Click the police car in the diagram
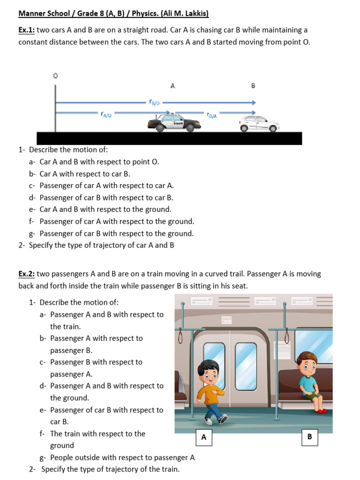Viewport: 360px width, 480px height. click(171, 123)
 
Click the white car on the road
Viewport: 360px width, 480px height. click(259, 124)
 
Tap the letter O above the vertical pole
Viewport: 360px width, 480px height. click(55, 75)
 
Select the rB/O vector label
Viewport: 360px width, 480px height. click(154, 102)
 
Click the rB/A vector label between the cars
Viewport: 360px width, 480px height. click(212, 114)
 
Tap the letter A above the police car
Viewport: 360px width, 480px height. click(172, 86)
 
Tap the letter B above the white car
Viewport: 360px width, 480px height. click(254, 86)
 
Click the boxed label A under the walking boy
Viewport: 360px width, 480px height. click(203, 437)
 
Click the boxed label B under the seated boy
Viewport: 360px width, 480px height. click(309, 436)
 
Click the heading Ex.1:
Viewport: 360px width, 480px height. click(26, 30)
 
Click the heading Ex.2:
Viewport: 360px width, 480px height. click(26, 274)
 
